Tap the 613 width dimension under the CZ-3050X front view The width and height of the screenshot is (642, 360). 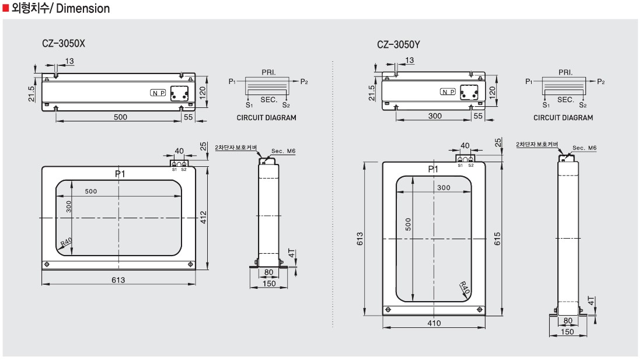pos(118,280)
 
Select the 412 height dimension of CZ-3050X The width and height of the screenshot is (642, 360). pos(204,217)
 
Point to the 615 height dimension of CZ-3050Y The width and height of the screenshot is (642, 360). pos(497,238)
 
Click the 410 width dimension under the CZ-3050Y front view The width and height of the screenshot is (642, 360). pos(434,323)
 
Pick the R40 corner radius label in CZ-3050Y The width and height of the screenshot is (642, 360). pos(465,288)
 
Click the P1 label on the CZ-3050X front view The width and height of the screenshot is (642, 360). pos(119,173)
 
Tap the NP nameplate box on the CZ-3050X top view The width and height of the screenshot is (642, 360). pos(158,93)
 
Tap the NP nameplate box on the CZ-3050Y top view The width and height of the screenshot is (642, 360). pos(448,92)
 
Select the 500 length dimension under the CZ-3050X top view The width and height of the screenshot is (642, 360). pos(120,117)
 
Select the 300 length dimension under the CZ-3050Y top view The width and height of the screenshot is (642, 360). pos(435,117)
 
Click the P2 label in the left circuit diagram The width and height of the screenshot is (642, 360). pos(303,82)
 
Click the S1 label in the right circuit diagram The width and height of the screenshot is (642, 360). pos(545,105)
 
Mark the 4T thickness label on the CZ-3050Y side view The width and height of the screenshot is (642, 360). pos(591,302)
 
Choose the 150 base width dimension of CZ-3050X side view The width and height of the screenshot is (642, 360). pos(268,284)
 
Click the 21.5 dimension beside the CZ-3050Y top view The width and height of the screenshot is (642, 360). pos(372,93)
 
